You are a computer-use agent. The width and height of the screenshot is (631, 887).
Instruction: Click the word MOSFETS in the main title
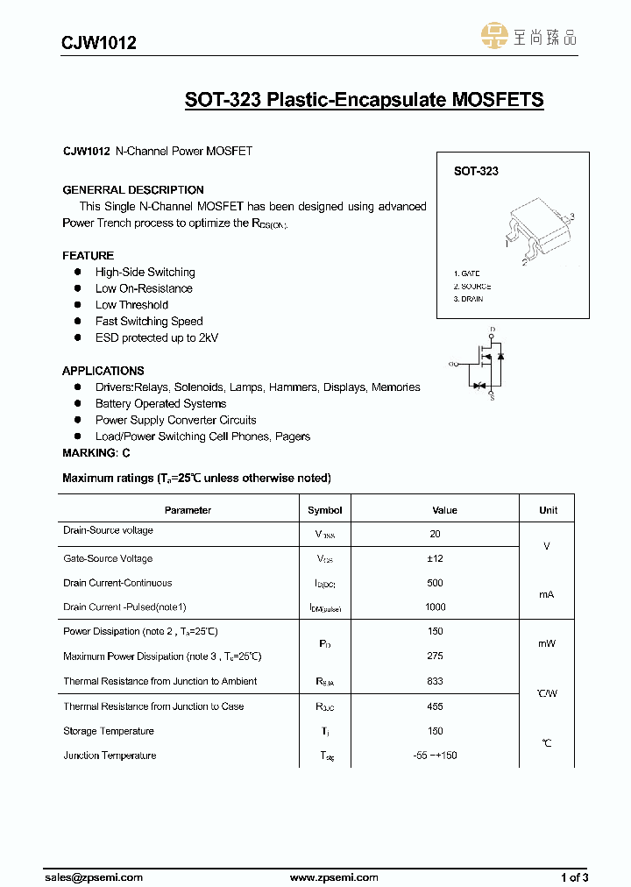(497, 100)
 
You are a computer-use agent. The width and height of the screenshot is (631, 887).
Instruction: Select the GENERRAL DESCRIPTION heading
(133, 190)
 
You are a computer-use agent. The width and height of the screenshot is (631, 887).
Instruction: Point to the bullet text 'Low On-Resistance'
(144, 288)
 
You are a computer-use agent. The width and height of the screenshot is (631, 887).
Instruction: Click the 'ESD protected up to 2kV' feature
(157, 337)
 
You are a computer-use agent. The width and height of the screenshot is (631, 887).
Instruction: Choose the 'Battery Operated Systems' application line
(160, 403)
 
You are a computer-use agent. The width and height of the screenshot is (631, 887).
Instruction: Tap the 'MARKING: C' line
(96, 453)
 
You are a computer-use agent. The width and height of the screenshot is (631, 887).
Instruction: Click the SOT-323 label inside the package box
(476, 172)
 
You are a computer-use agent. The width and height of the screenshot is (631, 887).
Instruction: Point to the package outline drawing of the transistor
(537, 231)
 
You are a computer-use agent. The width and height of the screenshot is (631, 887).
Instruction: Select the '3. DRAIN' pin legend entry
(469, 299)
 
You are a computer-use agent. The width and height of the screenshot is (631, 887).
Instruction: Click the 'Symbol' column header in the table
(324, 510)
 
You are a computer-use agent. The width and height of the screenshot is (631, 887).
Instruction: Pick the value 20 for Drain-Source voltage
(436, 534)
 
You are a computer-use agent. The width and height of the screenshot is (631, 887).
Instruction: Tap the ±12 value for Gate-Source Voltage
(436, 558)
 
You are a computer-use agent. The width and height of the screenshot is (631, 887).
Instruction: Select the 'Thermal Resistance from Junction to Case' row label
(153, 706)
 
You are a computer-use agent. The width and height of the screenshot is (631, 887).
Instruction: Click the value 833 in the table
(436, 681)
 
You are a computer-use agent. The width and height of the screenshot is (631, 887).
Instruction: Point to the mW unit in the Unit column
(546, 643)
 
